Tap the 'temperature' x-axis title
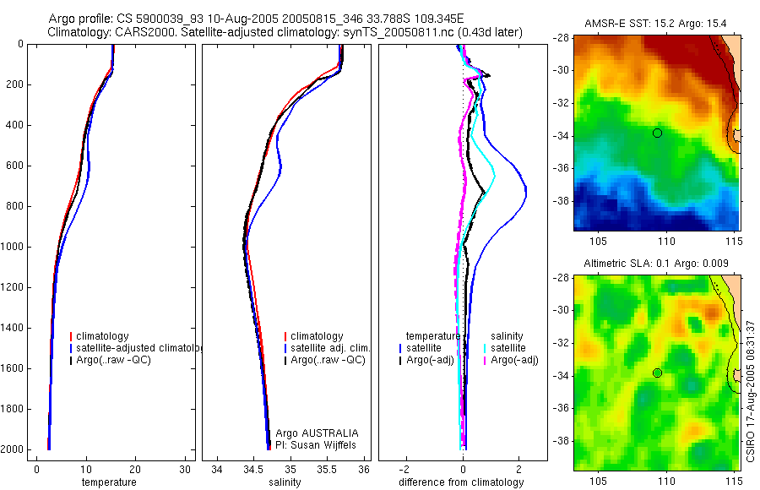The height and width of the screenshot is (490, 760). pos(109,482)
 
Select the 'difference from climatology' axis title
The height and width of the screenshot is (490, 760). pos(461,482)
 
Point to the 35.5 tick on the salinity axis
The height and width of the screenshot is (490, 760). pos(328,469)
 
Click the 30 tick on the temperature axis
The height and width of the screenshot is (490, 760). pos(185,469)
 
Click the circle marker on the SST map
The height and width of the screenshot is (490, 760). pos(657,133)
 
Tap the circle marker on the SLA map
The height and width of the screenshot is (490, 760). pos(657,373)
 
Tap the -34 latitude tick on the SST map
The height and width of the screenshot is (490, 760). pos(562,136)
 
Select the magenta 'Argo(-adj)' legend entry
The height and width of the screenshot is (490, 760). pos(514,360)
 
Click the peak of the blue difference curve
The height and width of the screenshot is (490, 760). pos(526,193)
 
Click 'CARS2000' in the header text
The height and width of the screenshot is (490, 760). pos(135,32)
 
